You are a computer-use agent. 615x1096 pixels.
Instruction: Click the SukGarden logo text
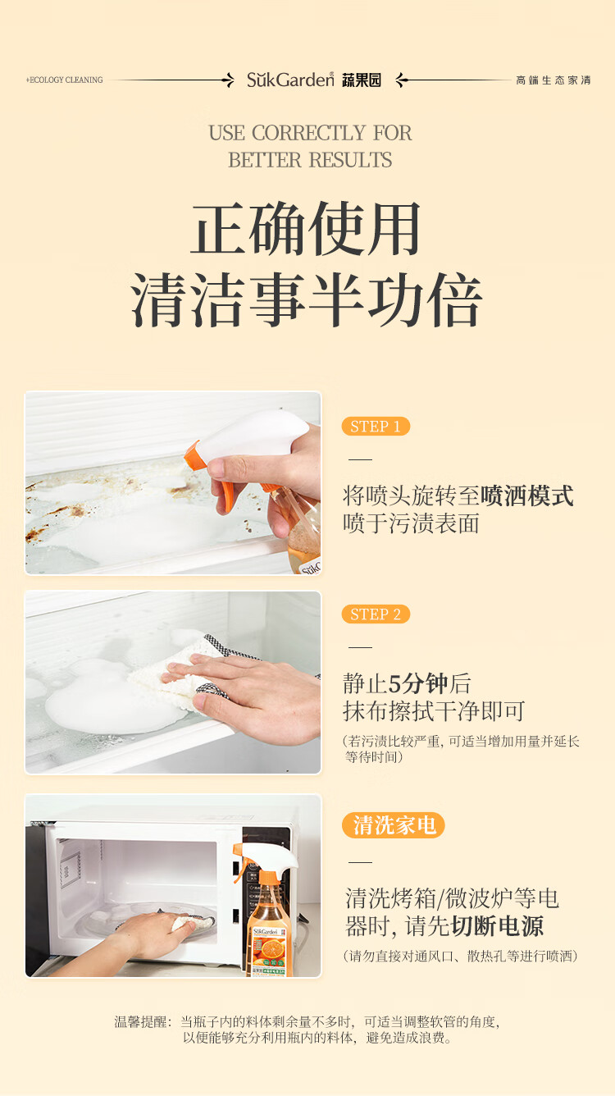[290, 80]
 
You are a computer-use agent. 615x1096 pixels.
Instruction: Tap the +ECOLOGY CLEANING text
[64, 80]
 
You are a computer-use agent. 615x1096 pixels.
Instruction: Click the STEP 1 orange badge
[376, 426]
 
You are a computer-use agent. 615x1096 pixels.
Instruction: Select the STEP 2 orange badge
[376, 614]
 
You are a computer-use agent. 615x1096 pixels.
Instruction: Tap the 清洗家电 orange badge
[394, 825]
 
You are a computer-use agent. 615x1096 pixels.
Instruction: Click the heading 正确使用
[307, 229]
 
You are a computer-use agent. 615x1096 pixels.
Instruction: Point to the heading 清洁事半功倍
[307, 299]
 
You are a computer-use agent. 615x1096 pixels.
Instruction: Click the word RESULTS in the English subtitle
[350, 160]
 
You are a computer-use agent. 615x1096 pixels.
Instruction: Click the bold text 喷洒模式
[527, 495]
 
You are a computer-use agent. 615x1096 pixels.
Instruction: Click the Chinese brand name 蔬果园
[362, 80]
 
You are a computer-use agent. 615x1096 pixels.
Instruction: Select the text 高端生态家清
[553, 80]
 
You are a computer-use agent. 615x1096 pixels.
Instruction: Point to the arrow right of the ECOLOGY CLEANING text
[172, 80]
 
